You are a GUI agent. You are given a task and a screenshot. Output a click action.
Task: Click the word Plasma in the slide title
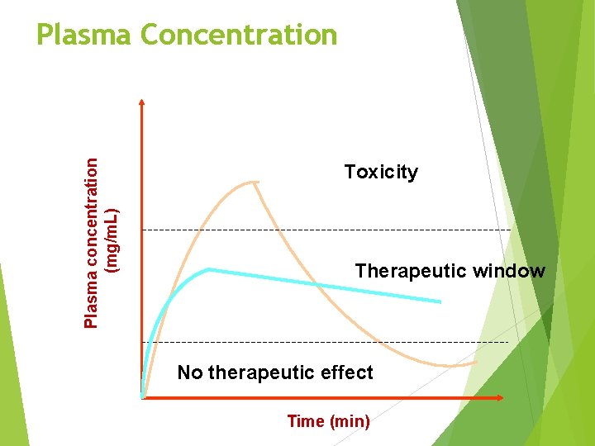pos(84,35)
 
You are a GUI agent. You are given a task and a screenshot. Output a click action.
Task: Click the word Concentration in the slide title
pos(239,35)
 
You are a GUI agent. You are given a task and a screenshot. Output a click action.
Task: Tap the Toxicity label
pos(381,172)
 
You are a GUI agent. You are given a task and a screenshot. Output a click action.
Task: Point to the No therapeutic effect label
pos(275,372)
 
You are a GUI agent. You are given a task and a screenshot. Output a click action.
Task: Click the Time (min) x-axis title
pos(328,421)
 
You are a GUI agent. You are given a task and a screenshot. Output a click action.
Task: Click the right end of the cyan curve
pos(440,302)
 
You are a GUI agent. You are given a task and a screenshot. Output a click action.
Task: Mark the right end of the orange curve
pos(476,362)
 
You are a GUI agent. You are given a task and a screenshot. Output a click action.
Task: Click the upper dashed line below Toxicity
pos(331,229)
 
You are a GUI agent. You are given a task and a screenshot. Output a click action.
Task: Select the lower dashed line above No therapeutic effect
pos(331,341)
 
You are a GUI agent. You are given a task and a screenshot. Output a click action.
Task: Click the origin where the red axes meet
pos(143,397)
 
